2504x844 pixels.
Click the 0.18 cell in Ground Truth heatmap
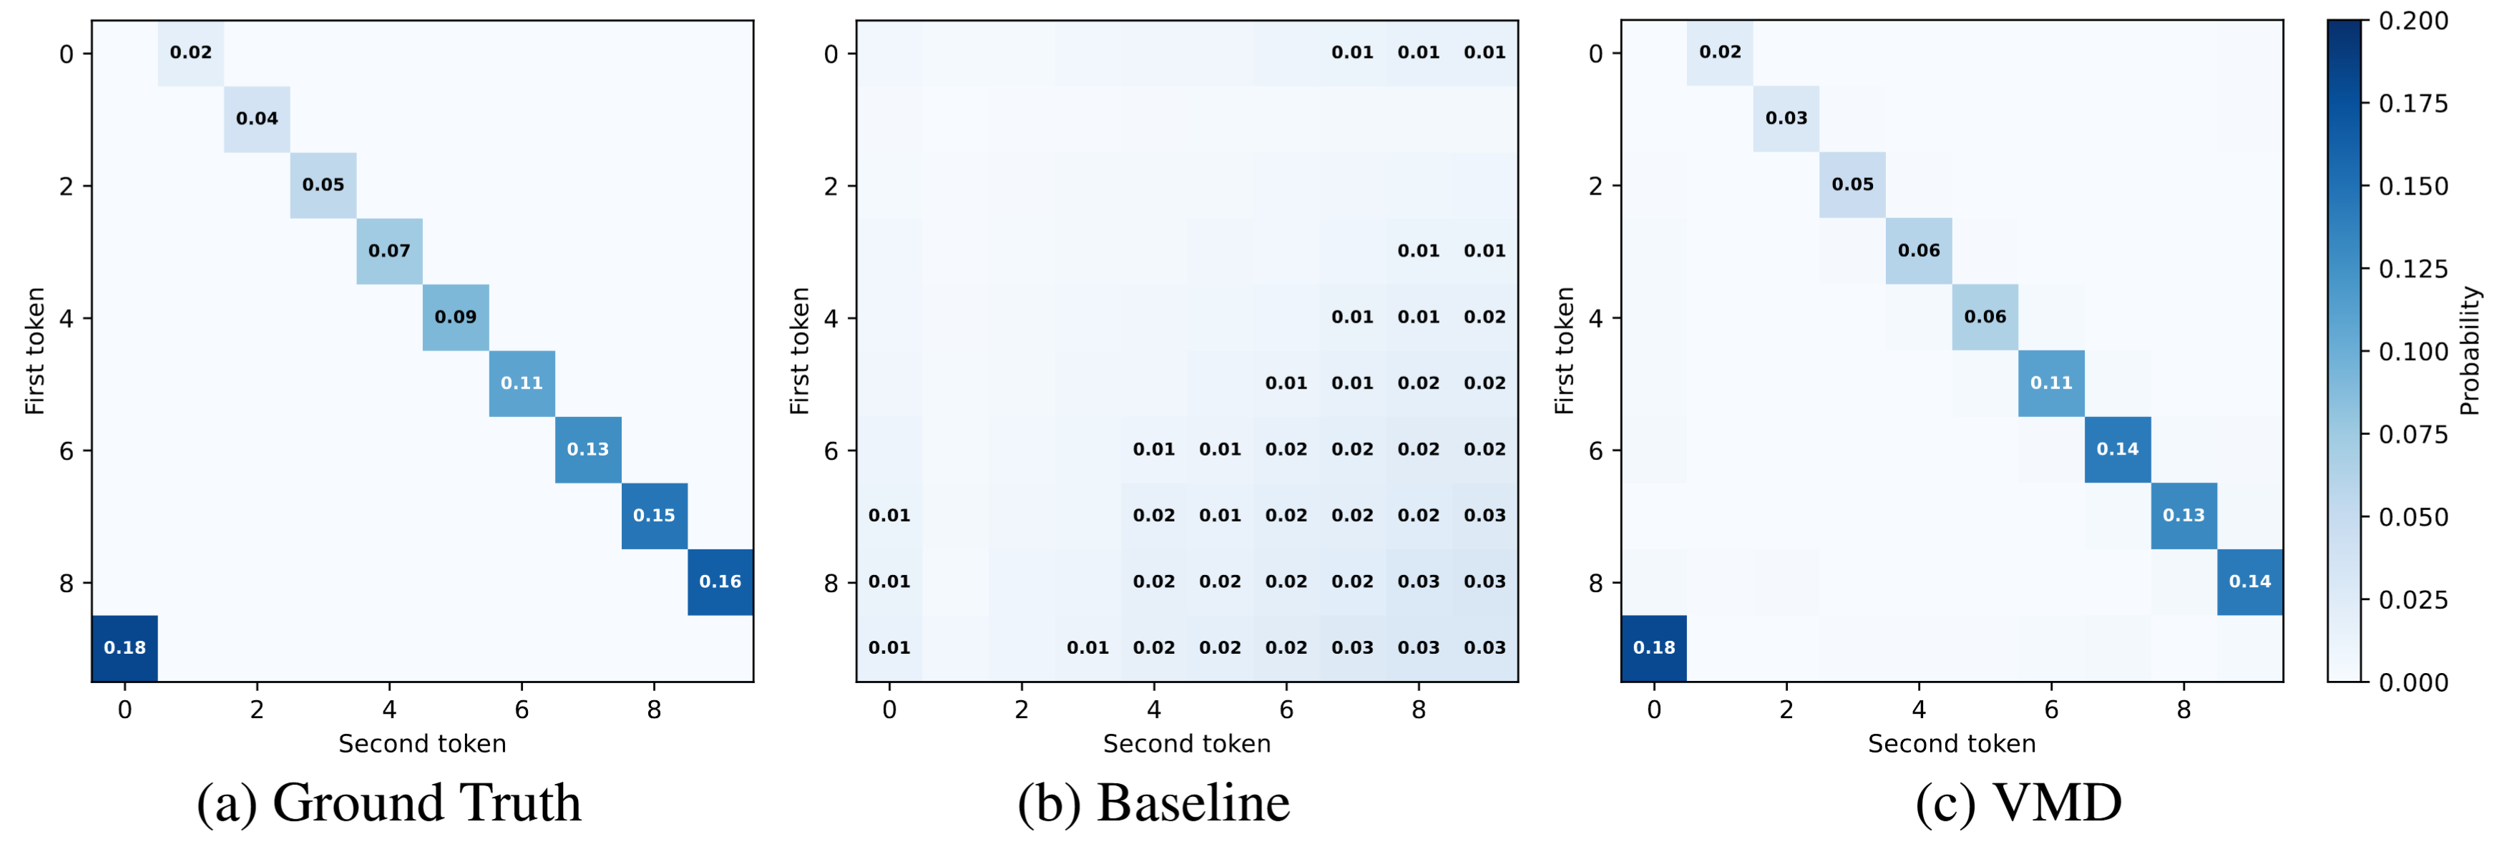click(124, 647)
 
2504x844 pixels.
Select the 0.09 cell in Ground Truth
click(455, 317)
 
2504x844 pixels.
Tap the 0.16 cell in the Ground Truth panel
click(720, 582)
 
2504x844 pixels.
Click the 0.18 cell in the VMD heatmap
click(1653, 647)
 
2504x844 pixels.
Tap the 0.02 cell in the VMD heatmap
click(1720, 52)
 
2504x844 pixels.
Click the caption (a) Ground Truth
click(388, 803)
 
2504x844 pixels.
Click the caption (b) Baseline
click(1154, 803)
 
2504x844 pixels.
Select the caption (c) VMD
click(2018, 803)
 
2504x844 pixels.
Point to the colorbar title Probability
click(2469, 351)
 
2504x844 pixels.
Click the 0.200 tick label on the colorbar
click(2412, 21)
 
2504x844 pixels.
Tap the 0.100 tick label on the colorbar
click(2412, 352)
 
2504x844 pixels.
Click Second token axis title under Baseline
click(1187, 744)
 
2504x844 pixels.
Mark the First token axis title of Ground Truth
click(35, 351)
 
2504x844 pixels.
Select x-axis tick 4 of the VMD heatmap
click(1919, 710)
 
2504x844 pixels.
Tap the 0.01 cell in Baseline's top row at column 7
click(1352, 52)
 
